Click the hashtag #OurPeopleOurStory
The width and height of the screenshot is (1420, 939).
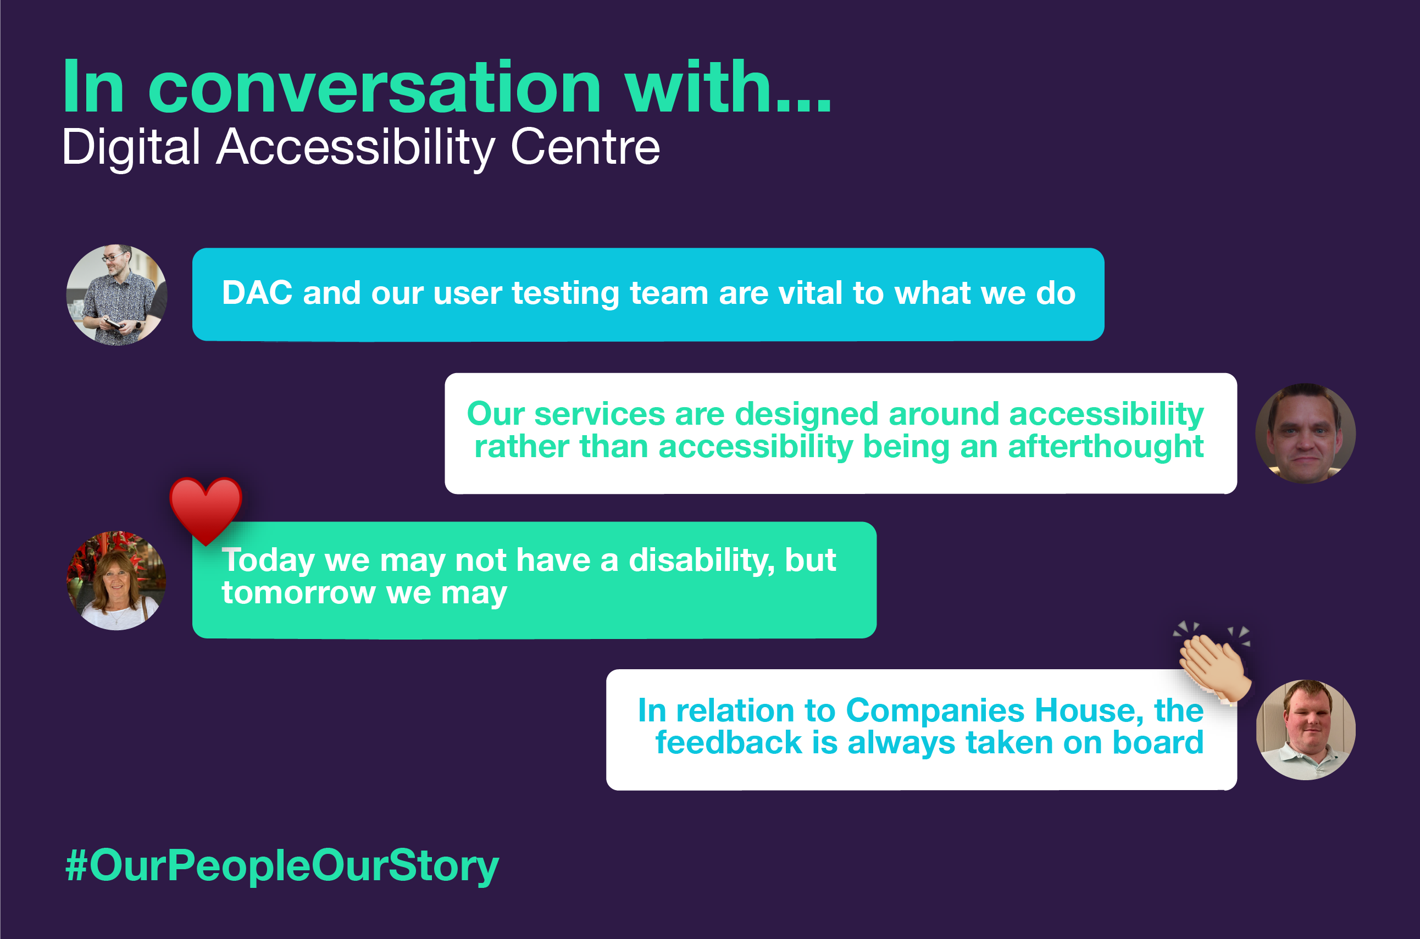[x=281, y=865]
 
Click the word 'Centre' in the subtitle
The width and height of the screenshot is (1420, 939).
[x=585, y=147]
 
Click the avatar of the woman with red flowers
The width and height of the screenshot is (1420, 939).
[x=116, y=580]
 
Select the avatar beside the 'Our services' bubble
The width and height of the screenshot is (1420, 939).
[x=1305, y=434]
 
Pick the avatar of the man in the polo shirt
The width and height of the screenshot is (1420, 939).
[x=1305, y=730]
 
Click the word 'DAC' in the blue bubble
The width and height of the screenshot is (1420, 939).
[x=257, y=293]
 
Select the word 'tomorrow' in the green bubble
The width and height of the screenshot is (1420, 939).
[x=298, y=593]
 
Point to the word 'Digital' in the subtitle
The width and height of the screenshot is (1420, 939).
[x=131, y=147]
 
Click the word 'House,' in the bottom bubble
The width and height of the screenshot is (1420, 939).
[x=1091, y=711]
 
